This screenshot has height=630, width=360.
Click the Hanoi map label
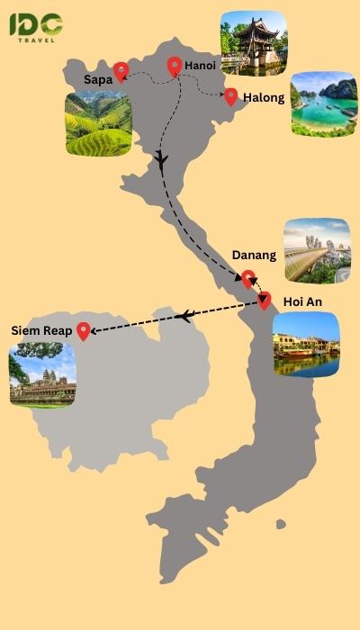point(200,67)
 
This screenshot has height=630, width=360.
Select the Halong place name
point(264,98)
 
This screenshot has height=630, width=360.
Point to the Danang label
point(254,256)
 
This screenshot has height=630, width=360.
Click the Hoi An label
point(301,301)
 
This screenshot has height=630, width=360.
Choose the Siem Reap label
point(41,330)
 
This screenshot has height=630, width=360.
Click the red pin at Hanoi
point(175,66)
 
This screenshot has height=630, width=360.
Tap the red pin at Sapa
point(121,70)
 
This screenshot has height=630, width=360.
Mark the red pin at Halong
point(231,96)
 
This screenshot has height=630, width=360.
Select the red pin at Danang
point(248,278)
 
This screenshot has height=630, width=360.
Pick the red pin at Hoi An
point(265,300)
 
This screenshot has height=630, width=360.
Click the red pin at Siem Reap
point(84,330)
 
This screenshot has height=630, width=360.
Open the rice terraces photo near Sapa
point(98,123)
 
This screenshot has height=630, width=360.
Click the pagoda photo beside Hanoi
point(253,42)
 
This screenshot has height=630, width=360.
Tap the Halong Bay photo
point(323,103)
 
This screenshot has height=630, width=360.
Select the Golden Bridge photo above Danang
point(316,249)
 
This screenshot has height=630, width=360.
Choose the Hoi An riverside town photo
point(306,344)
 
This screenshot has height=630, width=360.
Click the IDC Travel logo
point(36,26)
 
